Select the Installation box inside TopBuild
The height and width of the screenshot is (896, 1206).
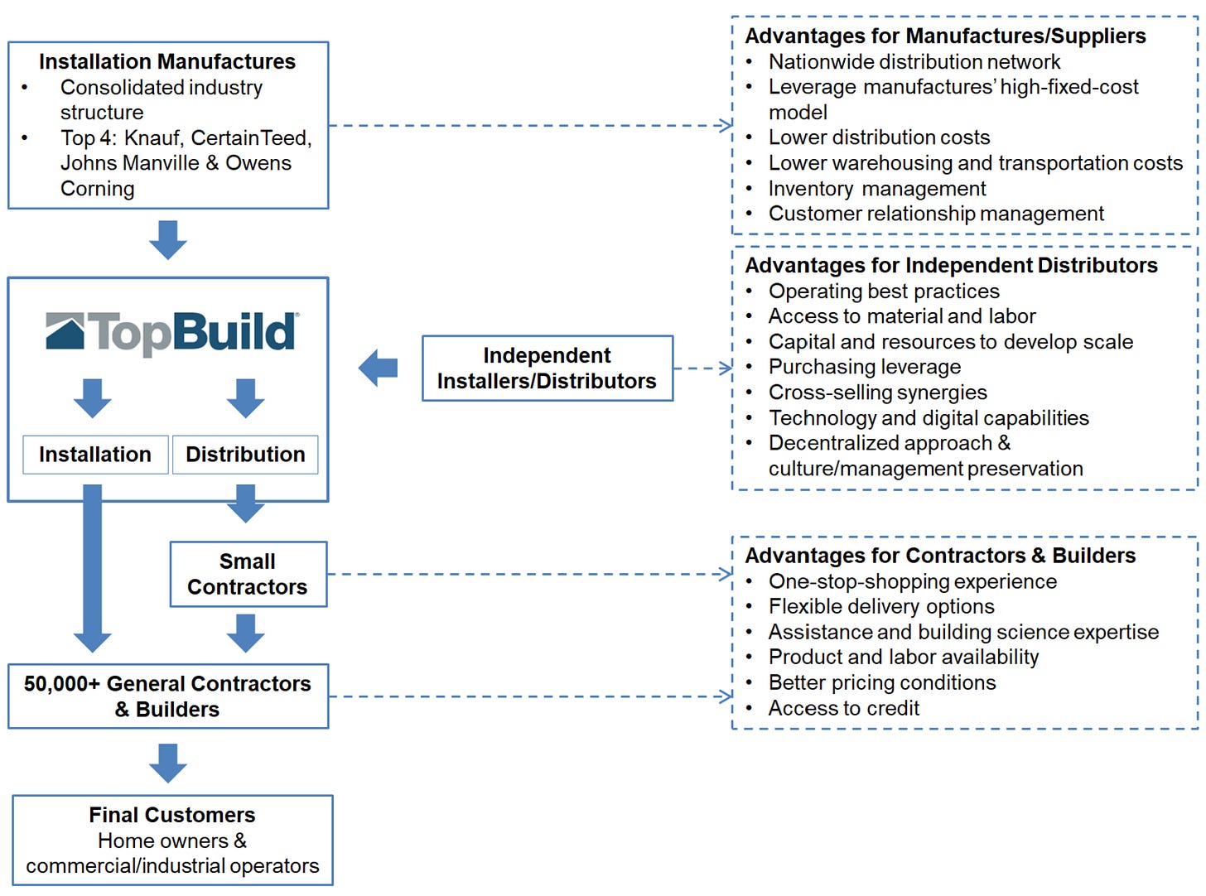(95, 455)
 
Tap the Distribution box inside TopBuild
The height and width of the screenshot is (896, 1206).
(245, 455)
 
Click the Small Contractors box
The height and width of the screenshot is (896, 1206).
(248, 574)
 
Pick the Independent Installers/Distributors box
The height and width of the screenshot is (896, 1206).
(547, 369)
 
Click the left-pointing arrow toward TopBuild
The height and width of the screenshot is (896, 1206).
(378, 368)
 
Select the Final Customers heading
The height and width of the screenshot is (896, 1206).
(172, 815)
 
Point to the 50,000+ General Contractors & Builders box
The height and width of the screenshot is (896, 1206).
(168, 696)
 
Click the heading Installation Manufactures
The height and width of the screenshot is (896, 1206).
(167, 62)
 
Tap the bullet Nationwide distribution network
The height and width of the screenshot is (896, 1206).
(914, 62)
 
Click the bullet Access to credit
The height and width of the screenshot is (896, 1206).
(843, 708)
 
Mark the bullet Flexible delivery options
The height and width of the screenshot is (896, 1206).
(881, 606)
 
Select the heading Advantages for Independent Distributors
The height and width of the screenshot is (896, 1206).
(951, 265)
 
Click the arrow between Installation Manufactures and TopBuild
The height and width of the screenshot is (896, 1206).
(168, 239)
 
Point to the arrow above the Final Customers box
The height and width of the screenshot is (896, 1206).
(168, 763)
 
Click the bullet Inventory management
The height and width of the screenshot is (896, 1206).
(876, 189)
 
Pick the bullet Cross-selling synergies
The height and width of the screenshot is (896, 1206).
(877, 393)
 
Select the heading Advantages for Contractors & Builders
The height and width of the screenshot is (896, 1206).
(940, 556)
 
